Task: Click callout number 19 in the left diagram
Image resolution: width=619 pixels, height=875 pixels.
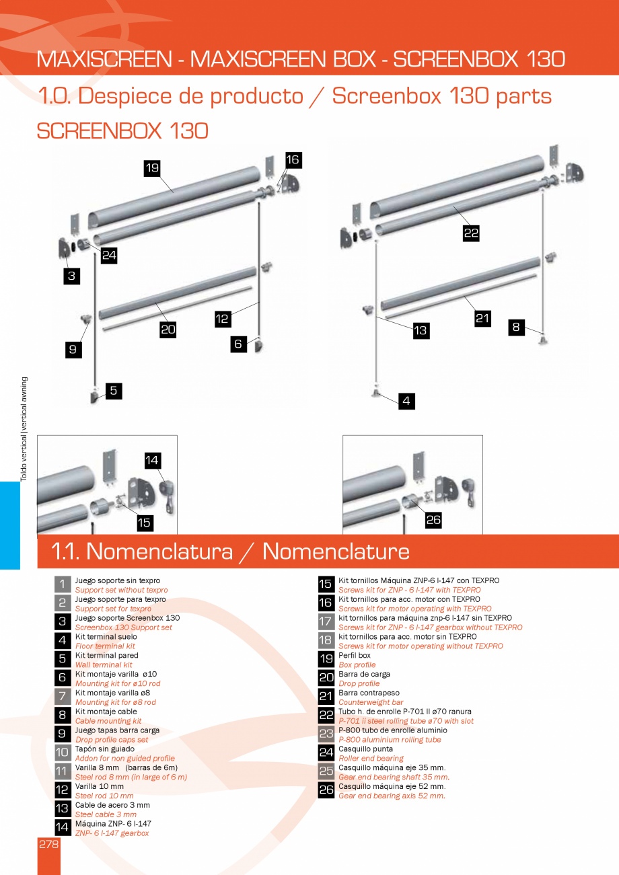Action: coord(152,167)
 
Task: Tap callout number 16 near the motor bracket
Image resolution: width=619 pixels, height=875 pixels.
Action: coord(293,159)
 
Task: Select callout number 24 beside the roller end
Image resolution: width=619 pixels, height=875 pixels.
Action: coord(109,255)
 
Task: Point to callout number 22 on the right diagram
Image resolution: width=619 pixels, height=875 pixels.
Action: coord(471,233)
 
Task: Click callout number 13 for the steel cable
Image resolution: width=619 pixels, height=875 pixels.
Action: coord(421,330)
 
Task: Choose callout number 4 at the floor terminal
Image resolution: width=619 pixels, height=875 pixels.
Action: coord(406,402)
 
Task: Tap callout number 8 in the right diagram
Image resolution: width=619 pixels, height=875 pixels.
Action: coord(516,327)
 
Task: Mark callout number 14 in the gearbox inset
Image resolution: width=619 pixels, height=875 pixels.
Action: coord(152,460)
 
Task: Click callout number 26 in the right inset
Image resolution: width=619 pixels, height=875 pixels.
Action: coord(433,520)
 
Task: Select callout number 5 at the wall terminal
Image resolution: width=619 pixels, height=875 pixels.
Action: coord(113,390)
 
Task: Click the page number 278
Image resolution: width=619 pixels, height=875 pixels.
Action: coord(48,844)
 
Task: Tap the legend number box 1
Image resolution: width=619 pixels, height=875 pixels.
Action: coord(62,584)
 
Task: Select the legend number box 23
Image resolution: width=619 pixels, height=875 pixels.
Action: coord(326,734)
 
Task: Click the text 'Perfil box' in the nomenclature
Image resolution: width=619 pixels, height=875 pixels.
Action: coord(355,655)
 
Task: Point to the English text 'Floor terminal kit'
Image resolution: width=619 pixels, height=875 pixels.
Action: coord(105,646)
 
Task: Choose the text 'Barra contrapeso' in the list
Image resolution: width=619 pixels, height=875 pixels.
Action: coord(369,693)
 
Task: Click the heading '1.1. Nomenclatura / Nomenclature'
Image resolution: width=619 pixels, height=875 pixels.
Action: coord(231,551)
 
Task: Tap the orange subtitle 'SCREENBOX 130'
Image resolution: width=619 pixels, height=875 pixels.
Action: coord(122,130)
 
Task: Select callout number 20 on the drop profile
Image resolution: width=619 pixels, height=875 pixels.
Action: coord(168,329)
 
